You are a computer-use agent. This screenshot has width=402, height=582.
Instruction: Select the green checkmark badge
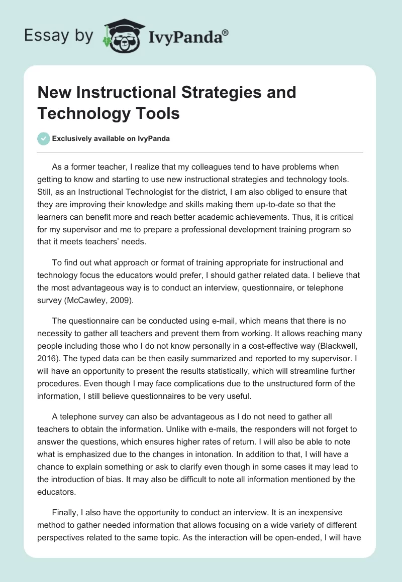tap(44, 138)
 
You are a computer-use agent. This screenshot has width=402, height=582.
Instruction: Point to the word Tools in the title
tap(158, 113)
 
